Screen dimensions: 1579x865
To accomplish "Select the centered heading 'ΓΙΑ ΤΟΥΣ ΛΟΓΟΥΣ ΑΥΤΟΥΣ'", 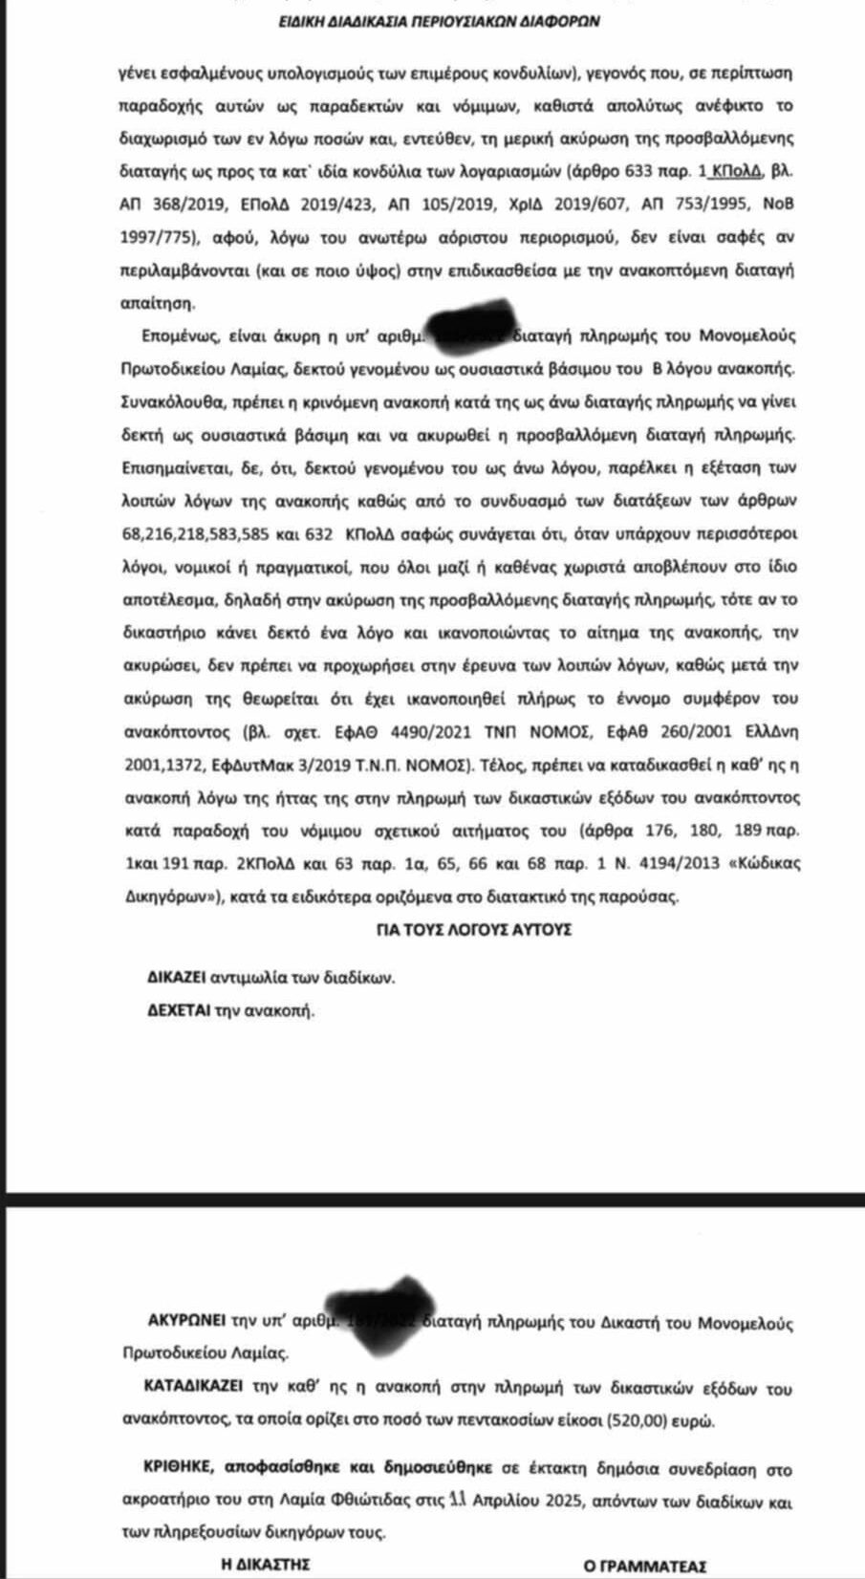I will click(x=474, y=928).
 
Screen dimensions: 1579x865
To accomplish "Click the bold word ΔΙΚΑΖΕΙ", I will click(x=178, y=978).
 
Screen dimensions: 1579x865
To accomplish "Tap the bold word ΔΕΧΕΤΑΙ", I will click(x=178, y=1010).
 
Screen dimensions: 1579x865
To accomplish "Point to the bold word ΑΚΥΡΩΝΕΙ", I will click(x=185, y=1322).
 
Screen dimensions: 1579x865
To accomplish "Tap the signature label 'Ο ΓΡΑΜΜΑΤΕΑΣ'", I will click(x=645, y=1566).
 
